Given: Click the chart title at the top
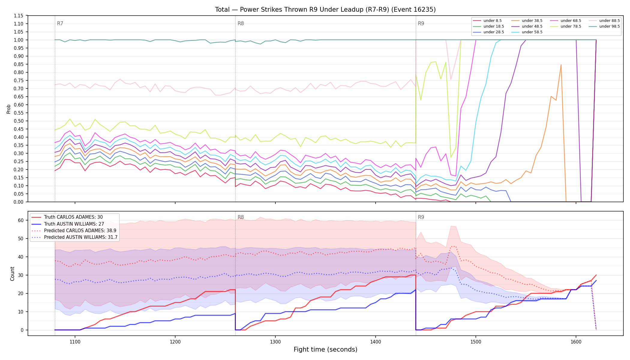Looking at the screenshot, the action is tap(325, 10).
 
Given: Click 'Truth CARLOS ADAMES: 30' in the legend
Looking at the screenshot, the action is tap(73, 217).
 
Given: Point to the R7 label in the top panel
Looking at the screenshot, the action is tap(60, 23).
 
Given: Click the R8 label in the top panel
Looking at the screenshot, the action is tap(241, 23).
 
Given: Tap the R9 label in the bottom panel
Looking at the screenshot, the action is tap(421, 217).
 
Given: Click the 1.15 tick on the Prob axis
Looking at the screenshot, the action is tap(18, 16).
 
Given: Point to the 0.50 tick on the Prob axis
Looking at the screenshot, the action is tap(18, 121).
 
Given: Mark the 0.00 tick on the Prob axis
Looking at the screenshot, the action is tap(18, 202).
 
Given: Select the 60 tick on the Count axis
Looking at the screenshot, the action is tap(21, 220).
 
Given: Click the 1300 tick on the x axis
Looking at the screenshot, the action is tap(275, 341).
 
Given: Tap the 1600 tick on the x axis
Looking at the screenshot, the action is tap(576, 341).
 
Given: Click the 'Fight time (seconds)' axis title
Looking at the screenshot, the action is tap(325, 349).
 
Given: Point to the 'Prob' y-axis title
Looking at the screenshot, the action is tap(8, 109).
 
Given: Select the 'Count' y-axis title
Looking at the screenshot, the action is tap(12, 274).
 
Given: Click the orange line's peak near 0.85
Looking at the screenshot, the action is tap(561, 64).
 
